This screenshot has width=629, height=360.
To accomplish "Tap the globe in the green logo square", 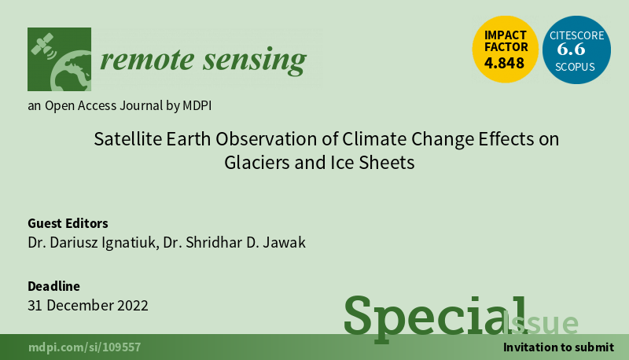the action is click(x=71, y=71).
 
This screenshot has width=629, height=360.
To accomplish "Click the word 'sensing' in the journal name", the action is click(x=255, y=61).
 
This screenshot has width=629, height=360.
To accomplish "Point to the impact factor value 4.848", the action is click(x=504, y=63).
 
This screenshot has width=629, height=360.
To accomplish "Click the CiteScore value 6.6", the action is click(x=571, y=50).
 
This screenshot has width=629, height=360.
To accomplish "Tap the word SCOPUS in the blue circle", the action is click(x=575, y=67).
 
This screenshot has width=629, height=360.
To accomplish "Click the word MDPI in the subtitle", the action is click(x=197, y=106).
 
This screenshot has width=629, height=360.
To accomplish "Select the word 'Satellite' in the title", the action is click(x=128, y=139).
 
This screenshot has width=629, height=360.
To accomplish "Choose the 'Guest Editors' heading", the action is click(x=68, y=223).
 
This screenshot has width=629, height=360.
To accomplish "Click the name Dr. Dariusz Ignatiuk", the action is click(x=91, y=243).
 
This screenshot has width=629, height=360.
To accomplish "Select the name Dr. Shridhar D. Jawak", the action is click(x=234, y=243).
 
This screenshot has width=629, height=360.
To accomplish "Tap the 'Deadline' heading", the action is click(x=53, y=286).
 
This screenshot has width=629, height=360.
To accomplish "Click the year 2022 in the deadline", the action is click(x=132, y=306).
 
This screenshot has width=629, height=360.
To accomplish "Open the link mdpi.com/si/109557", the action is click(x=85, y=347).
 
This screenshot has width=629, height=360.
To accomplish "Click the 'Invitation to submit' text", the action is click(x=558, y=347).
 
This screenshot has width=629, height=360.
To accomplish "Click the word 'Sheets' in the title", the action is click(x=386, y=163).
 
